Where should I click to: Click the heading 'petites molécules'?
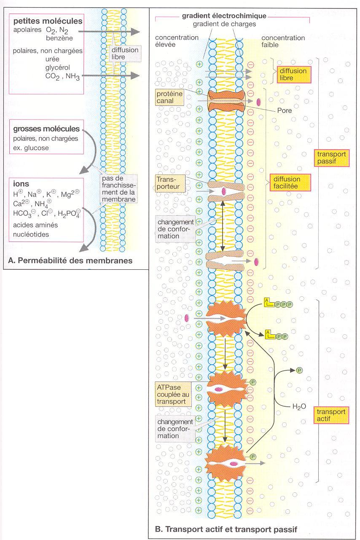48,21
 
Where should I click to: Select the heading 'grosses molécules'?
46,129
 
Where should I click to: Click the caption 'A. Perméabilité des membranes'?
70,261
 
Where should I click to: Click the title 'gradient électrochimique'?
224,16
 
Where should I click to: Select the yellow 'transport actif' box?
330,415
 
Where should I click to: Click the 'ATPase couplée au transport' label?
170,394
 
